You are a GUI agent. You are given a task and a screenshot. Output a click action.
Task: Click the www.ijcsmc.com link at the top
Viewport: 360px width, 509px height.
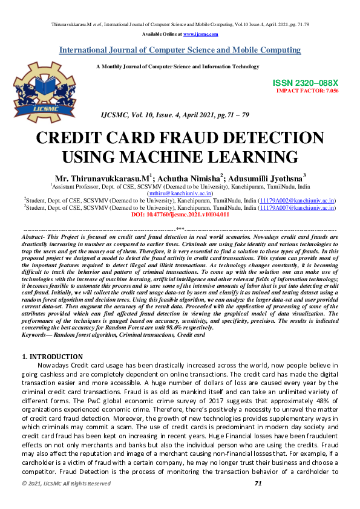click(200, 34)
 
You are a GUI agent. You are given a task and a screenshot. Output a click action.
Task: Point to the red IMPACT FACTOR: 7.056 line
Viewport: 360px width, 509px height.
click(307, 91)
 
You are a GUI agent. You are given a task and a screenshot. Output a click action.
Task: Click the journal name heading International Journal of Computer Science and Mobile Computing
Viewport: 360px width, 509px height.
click(180, 50)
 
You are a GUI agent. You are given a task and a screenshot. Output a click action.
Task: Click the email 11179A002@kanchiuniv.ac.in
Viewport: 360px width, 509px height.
click(296, 200)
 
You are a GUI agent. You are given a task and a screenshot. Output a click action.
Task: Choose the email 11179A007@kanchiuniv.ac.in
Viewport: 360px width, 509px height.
click(296, 207)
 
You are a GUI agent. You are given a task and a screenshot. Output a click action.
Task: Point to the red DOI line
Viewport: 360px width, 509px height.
click(180, 214)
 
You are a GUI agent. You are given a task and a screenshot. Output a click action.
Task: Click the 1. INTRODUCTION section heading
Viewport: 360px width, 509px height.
click(52, 357)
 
